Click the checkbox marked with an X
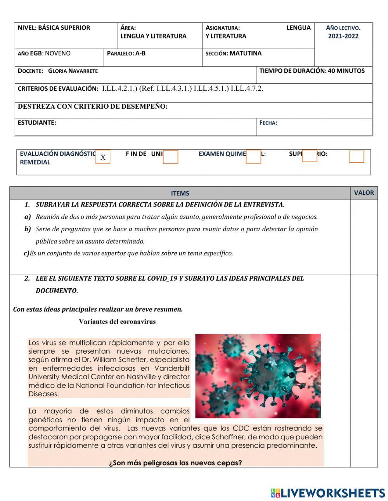[103, 157]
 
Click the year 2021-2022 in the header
[343, 36]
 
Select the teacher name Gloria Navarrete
[73, 71]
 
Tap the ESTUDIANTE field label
[37, 123]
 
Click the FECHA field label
[268, 123]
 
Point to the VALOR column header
[364, 192]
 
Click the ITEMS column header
[180, 193]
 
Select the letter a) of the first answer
[28, 217]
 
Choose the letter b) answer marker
[28, 229]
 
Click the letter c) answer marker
[26, 253]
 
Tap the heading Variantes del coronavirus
[117, 321]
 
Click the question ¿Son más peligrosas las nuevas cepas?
[175, 463]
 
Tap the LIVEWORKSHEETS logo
[328, 493]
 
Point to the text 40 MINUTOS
[346, 71]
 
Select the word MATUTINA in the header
[245, 54]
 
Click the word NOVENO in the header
[58, 54]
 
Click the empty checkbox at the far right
[356, 157]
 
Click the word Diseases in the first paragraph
[43, 394]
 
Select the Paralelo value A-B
[140, 54]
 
